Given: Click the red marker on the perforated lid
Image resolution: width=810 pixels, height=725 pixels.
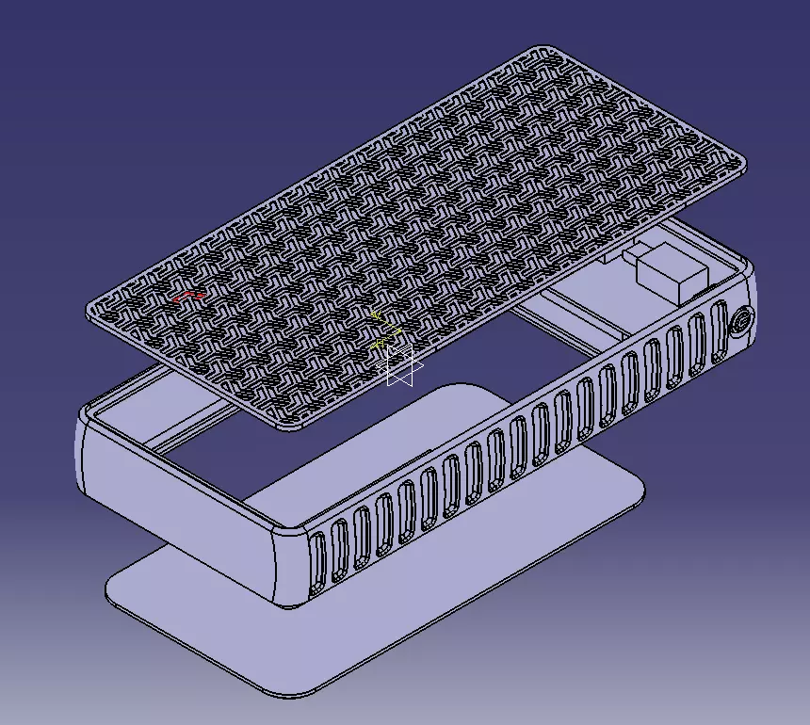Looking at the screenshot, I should tap(189, 297).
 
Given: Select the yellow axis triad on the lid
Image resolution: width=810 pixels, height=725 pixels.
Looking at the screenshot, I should tap(383, 330).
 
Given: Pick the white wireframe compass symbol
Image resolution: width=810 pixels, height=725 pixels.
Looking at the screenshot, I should tap(403, 365).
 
